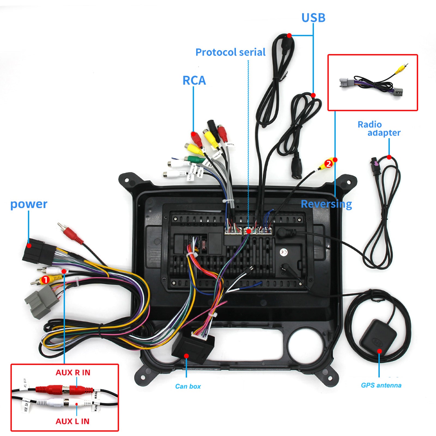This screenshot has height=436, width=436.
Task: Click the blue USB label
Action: click(313, 18)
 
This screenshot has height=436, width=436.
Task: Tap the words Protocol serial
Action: click(230, 52)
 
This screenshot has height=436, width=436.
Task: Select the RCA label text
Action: click(194, 80)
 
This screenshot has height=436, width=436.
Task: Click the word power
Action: click(29, 204)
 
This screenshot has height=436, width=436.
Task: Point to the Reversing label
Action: click(326, 204)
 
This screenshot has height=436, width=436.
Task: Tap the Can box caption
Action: click(188, 386)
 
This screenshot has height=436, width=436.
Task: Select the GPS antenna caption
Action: click(381, 385)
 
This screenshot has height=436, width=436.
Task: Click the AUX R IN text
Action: click(73, 373)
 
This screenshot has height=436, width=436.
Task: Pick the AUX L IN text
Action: click(72, 421)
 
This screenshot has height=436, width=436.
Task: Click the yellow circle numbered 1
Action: click(45, 280)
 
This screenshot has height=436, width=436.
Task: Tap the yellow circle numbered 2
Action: click(329, 164)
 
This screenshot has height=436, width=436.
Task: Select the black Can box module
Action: click(192, 347)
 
